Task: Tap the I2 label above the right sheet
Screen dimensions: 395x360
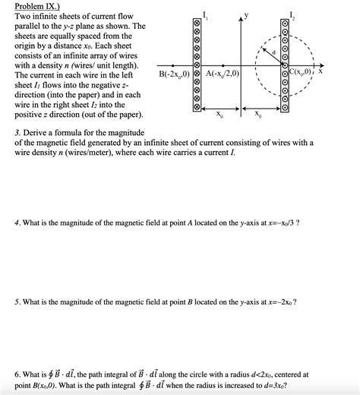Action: coord(295,10)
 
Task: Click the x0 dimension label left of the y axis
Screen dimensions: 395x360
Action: coord(219,115)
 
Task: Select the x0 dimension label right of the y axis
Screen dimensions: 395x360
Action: coord(258,115)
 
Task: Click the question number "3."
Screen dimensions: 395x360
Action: coord(17,132)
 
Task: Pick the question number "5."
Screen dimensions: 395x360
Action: coord(17,302)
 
